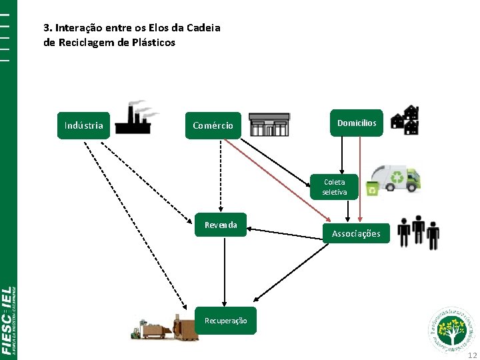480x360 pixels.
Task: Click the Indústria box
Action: click(84, 125)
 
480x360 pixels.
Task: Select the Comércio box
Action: click(213, 125)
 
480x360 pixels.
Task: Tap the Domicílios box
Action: click(357, 123)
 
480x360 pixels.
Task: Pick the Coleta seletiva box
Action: click(335, 187)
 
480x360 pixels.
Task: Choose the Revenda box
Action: click(221, 225)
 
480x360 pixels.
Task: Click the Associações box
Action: click(356, 233)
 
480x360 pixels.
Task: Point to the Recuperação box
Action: click(225, 321)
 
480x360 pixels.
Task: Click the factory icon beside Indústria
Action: click(136, 118)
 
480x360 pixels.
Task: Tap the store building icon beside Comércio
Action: click(269, 124)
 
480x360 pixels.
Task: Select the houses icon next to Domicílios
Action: click(405, 120)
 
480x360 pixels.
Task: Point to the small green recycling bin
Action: click(371, 189)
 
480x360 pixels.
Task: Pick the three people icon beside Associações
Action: click(418, 231)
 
